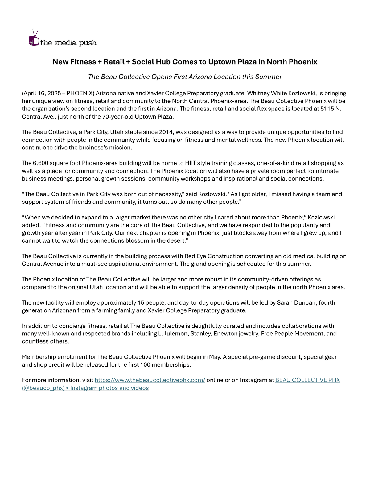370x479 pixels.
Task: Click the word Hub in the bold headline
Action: point(163,62)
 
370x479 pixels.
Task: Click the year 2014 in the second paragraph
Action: point(166,132)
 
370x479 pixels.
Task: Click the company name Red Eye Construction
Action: point(214,256)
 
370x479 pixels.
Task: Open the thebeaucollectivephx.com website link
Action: point(150,380)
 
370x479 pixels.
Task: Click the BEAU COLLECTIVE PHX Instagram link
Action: point(307,380)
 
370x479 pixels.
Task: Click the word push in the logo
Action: point(88,43)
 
